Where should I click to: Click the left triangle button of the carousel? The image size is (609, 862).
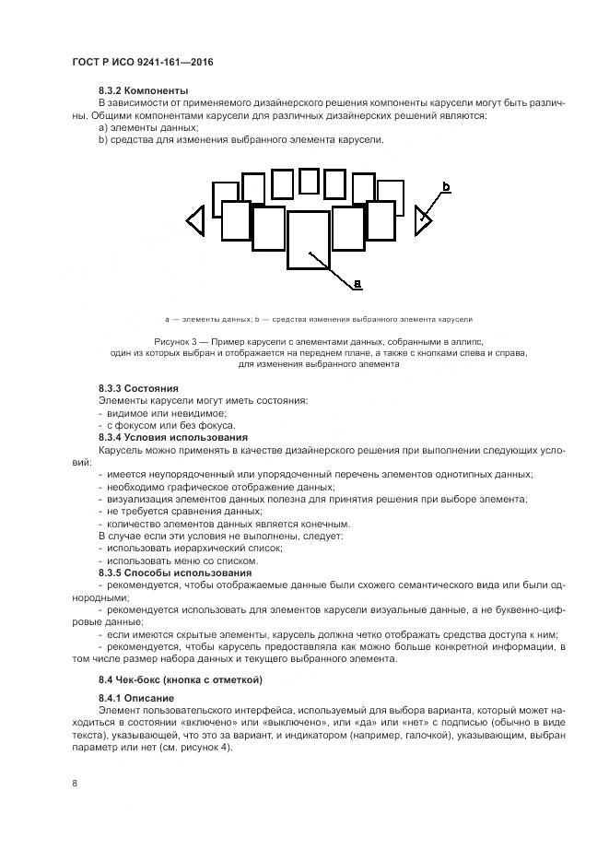195,220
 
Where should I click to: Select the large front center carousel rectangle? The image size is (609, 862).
309,240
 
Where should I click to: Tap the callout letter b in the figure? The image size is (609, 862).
446,188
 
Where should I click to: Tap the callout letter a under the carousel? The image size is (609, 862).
357,283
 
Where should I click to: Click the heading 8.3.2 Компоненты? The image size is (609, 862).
143,90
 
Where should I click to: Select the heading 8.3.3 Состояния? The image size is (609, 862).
138,388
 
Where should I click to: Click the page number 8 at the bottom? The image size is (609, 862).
75,783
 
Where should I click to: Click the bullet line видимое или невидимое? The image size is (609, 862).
154,413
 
